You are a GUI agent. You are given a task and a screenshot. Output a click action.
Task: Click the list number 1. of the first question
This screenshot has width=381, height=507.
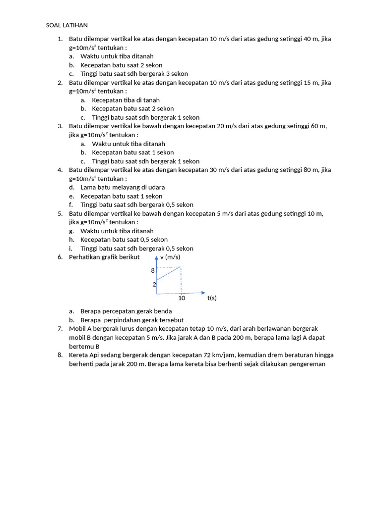[60, 39]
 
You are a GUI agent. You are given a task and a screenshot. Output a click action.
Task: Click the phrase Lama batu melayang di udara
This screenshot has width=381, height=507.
[123, 187]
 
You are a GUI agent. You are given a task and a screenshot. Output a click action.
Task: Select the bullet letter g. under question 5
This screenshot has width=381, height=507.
[71, 231]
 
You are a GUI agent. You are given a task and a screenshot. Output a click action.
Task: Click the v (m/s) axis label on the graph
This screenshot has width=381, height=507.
[170, 257]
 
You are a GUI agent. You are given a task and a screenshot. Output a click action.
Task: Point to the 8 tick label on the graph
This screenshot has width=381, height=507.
[153, 270]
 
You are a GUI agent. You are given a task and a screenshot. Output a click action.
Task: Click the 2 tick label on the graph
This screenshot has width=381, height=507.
[154, 284]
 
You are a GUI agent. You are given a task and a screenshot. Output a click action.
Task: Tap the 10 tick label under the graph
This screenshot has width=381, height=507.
[182, 298]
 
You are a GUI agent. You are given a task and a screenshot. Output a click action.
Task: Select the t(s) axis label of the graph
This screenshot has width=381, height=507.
[212, 298]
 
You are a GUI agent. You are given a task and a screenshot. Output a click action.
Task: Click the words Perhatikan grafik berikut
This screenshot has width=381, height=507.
[104, 257]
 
